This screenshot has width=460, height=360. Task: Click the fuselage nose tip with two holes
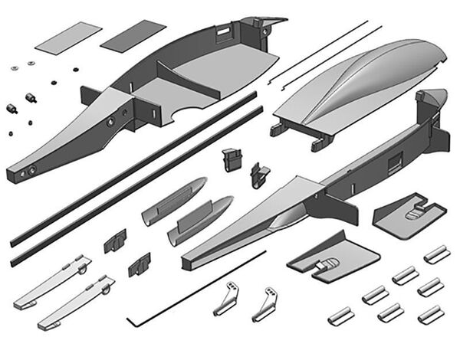click(23, 170)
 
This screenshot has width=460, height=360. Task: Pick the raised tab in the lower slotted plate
click(325, 264)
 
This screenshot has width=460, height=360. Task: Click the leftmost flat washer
click(15, 67)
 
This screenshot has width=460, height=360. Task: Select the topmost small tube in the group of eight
click(436, 254)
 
